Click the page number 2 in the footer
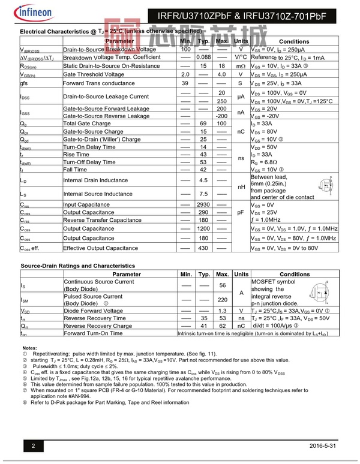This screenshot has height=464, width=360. click(x=34, y=446)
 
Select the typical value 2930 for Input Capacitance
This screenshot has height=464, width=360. click(x=203, y=204)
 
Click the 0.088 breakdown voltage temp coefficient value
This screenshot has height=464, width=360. click(x=203, y=57)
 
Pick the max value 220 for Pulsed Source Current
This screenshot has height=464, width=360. click(x=222, y=299)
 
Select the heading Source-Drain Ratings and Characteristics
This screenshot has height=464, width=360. click(x=77, y=266)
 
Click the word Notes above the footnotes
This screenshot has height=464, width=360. click(x=29, y=348)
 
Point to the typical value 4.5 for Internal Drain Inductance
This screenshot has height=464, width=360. click(x=203, y=180)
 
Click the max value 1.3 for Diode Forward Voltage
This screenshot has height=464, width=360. click(x=222, y=311)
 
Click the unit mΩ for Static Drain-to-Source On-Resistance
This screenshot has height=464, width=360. click(x=241, y=66)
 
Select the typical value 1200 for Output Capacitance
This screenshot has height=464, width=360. click(x=203, y=228)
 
